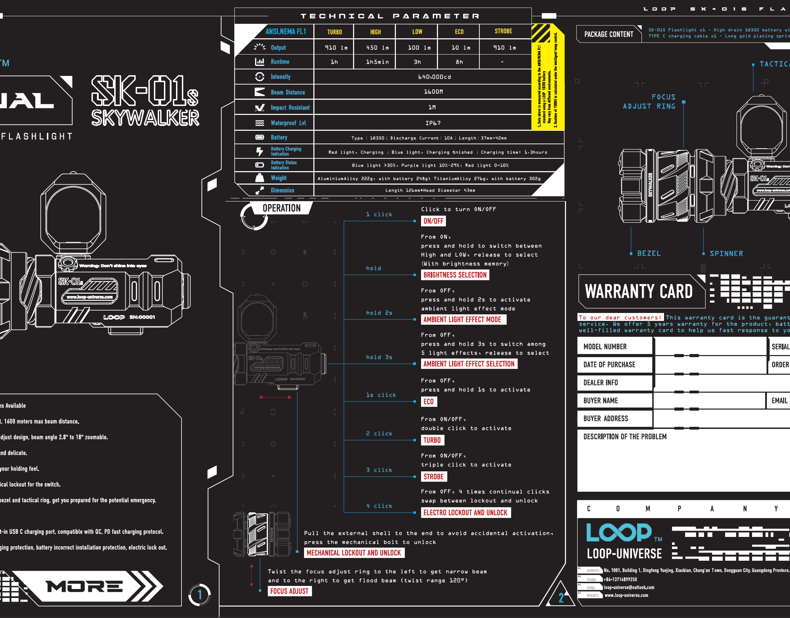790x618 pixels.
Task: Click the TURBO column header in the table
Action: [x=334, y=32]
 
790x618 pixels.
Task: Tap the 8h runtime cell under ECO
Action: [x=459, y=62]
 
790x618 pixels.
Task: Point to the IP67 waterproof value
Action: [x=433, y=123]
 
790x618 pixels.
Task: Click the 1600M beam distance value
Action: [x=433, y=92]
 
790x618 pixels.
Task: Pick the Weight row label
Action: [x=278, y=178]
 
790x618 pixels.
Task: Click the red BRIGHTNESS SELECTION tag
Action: [x=455, y=275]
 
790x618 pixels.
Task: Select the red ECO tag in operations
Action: [x=428, y=402]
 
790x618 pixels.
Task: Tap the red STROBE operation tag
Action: [x=433, y=477]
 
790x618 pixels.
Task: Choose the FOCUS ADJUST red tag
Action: [x=289, y=591]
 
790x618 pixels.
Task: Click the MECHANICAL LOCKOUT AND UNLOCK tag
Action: [x=353, y=553]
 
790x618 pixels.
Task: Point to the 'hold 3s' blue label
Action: [x=379, y=357]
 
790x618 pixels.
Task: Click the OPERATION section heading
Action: [x=282, y=208]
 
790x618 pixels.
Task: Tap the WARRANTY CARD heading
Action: [x=639, y=292]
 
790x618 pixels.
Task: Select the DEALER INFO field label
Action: [x=601, y=383]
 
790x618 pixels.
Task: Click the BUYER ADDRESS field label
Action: [x=605, y=419]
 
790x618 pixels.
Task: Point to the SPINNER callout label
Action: [x=726, y=254]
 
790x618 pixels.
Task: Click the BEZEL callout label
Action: [x=649, y=254]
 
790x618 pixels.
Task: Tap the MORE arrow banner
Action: [x=85, y=587]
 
